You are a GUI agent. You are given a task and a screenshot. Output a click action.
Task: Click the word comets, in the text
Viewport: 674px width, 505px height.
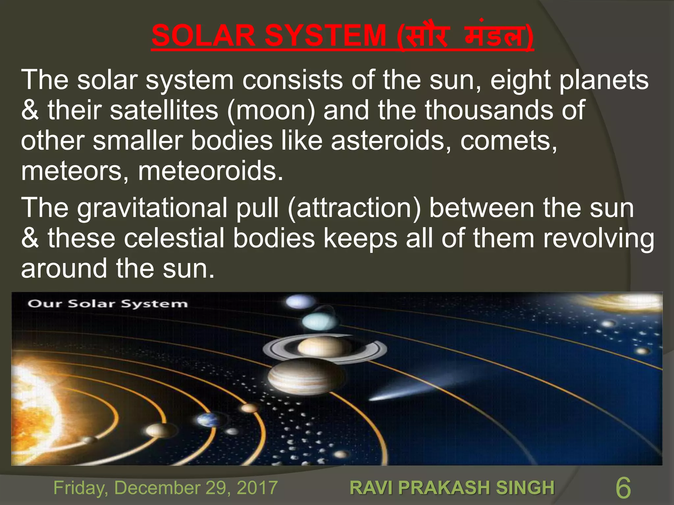(x=508, y=141)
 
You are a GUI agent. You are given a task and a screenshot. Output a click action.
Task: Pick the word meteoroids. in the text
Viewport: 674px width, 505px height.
(x=210, y=171)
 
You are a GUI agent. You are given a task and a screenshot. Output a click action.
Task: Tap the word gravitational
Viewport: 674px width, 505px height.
(x=152, y=208)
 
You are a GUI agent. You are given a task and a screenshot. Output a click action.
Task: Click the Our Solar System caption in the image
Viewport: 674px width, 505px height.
(x=107, y=303)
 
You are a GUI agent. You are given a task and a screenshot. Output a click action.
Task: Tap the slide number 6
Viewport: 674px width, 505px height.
(x=623, y=488)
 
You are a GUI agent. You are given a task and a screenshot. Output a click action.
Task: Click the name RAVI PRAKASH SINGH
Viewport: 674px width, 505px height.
(x=452, y=488)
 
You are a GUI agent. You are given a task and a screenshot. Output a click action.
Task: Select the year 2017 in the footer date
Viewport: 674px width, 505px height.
(x=257, y=488)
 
